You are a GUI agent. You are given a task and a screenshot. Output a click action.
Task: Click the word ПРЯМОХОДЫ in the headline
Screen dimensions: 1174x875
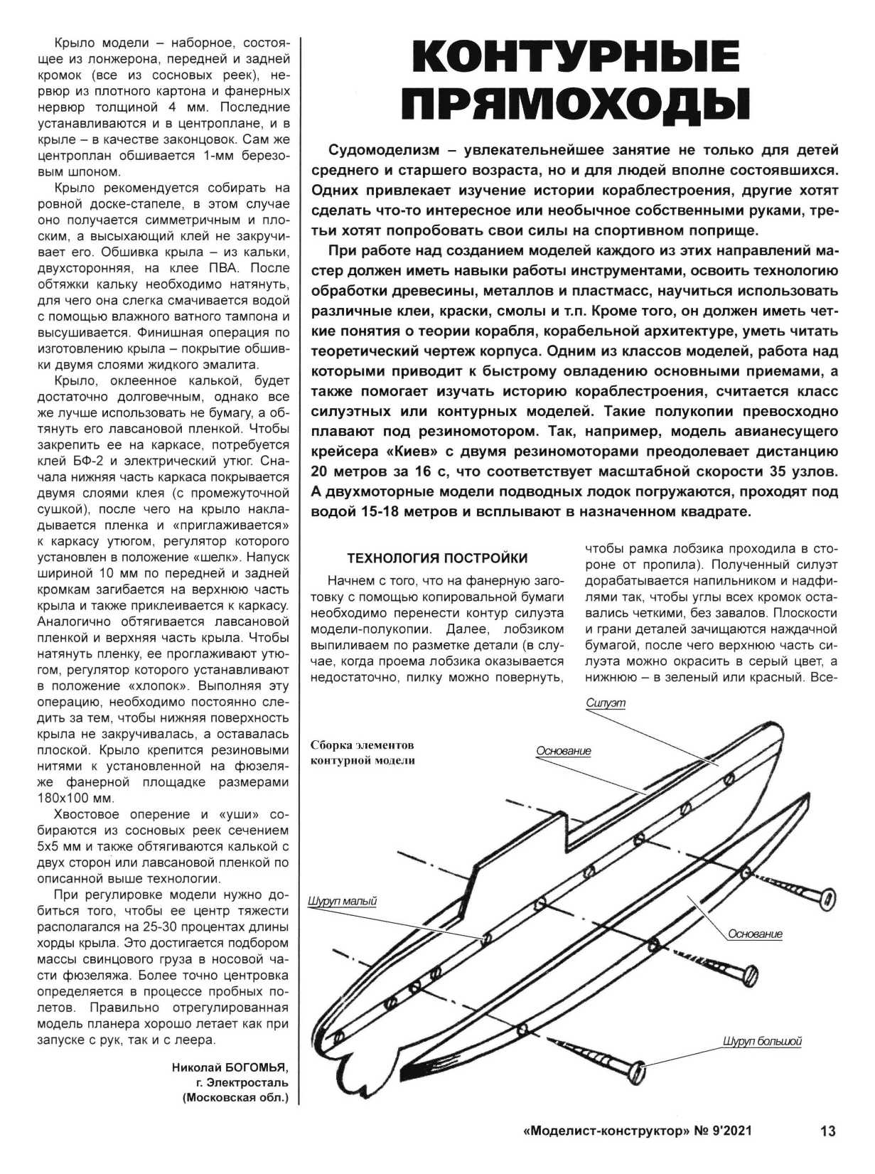click(576, 103)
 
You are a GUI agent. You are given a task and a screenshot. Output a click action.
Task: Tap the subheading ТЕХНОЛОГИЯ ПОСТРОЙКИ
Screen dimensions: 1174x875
click(437, 557)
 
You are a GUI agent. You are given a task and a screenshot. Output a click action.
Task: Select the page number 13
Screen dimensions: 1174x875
click(827, 1131)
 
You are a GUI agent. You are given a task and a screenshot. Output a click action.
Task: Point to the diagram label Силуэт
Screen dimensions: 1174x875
click(606, 703)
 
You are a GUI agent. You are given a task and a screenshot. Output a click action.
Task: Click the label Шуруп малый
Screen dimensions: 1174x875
click(342, 902)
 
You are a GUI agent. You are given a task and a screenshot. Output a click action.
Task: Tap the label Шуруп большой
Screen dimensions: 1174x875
click(762, 1042)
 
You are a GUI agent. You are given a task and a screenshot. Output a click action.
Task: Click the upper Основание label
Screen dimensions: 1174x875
click(564, 751)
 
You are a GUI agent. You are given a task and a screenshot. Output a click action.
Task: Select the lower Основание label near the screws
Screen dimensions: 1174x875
click(755, 934)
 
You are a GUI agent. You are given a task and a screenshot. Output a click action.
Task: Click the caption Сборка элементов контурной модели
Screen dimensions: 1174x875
click(362, 752)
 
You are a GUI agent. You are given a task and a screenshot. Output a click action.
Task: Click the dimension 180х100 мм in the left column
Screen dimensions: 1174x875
click(75, 798)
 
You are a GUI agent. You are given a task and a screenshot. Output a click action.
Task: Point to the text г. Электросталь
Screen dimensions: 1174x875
click(242, 1082)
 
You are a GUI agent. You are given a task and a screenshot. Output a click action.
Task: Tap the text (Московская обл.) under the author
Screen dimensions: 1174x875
click(235, 1098)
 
